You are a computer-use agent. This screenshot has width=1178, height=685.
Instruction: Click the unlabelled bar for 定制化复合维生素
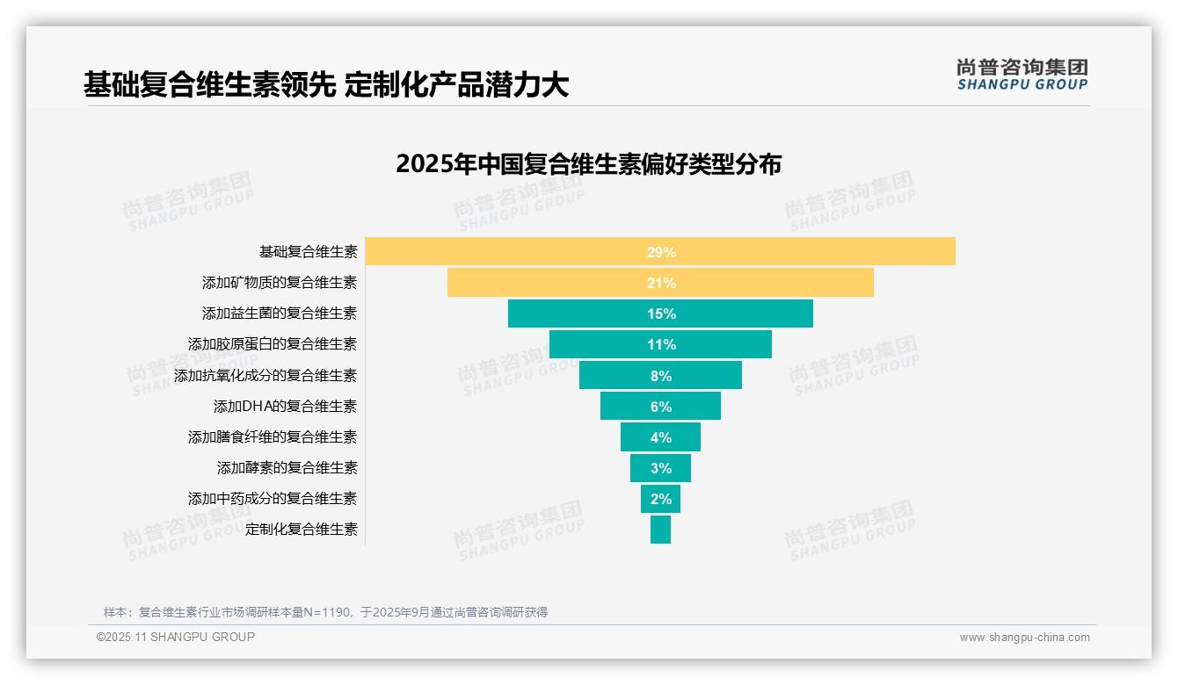[x=660, y=530]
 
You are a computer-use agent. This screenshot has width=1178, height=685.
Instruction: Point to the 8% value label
[x=661, y=376]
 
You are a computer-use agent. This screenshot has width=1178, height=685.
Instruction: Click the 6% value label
[x=661, y=407]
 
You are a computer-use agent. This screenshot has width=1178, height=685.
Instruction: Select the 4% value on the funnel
[x=661, y=437]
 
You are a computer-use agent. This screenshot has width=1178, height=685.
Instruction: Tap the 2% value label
[x=661, y=499]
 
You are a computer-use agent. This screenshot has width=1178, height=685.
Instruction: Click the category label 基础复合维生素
[x=308, y=252]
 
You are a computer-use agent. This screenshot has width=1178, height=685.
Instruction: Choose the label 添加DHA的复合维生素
[x=285, y=407]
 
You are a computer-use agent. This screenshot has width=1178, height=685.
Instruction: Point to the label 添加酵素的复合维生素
[x=287, y=468]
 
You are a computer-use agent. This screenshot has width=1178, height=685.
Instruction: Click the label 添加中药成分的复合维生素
[x=273, y=499]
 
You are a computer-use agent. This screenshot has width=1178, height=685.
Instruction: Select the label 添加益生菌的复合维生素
[x=280, y=314]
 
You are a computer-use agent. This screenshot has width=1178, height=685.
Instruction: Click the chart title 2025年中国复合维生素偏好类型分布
[x=588, y=164]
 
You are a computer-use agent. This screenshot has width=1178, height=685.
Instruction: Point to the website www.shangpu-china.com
[x=1024, y=638]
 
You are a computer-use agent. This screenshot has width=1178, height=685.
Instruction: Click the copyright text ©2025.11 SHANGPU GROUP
[x=176, y=638]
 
